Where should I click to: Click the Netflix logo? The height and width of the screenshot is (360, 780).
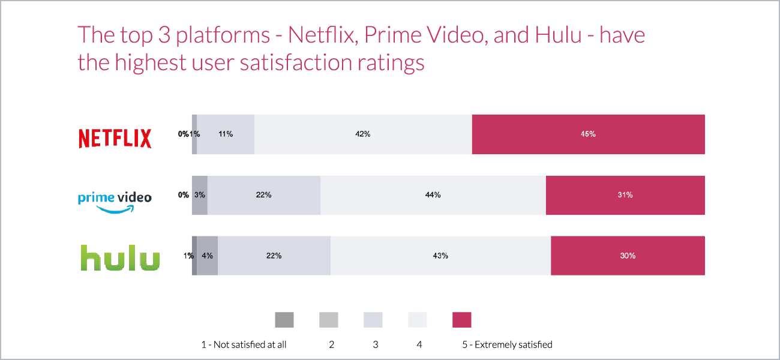(x=115, y=138)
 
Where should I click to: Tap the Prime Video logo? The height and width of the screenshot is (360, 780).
(x=115, y=200)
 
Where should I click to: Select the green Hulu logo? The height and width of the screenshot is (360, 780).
(x=120, y=257)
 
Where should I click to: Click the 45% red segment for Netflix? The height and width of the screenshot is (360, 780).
(x=588, y=134)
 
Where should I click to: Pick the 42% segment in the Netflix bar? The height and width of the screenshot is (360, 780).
(x=363, y=134)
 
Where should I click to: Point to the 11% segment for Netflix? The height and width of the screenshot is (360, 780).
(x=226, y=134)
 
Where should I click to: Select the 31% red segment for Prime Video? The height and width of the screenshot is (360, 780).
(x=625, y=195)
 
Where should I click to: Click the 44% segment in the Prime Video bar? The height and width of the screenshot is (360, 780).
(x=433, y=195)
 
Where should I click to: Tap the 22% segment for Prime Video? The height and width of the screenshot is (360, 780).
(x=264, y=195)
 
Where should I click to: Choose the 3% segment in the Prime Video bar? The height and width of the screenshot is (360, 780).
(x=200, y=195)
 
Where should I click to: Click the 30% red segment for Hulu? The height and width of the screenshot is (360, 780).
(x=628, y=256)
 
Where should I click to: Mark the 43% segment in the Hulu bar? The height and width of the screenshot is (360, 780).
(x=440, y=256)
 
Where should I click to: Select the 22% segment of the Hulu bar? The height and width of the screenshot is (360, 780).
(x=274, y=256)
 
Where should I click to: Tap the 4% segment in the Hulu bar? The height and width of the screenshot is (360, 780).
(x=207, y=256)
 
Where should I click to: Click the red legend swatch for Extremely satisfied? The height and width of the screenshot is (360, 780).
(x=461, y=320)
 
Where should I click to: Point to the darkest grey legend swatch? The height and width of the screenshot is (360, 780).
(x=284, y=320)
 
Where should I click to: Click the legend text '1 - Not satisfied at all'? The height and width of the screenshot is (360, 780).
(x=244, y=344)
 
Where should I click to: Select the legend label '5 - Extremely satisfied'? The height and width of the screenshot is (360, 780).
(x=507, y=344)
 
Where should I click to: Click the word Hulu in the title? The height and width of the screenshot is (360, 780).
(x=557, y=35)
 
